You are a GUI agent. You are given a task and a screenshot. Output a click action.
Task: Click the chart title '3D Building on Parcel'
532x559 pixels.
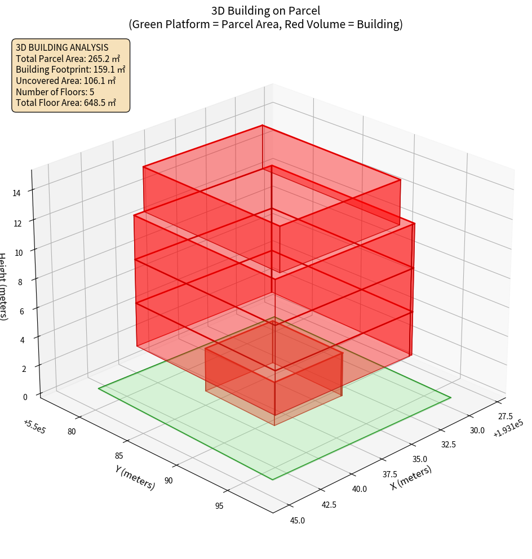coord(265,10)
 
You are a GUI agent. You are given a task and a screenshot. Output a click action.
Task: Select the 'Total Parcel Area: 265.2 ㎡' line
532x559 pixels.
coord(68,58)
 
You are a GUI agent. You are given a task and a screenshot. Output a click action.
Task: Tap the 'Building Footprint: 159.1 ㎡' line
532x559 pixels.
coord(70,69)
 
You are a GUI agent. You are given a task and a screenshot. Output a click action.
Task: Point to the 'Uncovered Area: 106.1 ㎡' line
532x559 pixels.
coord(66,81)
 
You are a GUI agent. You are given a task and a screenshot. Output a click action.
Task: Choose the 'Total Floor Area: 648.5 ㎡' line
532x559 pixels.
coord(66,103)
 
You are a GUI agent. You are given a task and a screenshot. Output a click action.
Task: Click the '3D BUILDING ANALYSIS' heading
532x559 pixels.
coord(62,47)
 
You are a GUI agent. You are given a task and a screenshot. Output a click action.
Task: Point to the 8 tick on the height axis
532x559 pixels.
coord(20,282)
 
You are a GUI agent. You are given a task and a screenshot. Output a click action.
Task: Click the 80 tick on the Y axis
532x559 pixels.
coord(72,432)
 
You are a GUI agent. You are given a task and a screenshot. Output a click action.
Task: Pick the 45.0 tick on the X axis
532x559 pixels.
coord(297,520)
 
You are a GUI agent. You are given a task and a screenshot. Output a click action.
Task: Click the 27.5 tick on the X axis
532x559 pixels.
coord(506,416)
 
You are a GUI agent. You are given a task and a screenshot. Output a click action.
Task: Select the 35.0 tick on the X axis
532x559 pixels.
coord(420,459)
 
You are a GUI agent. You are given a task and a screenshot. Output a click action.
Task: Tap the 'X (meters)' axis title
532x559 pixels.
coord(411,478)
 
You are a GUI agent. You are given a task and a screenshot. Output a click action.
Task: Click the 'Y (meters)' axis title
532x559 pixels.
coord(135,477)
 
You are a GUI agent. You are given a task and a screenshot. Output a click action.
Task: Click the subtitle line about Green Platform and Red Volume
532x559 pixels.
coord(265,24)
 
